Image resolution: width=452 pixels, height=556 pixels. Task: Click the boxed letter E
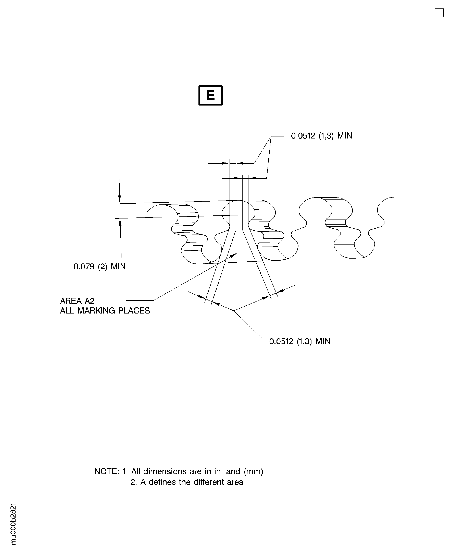(x=210, y=95)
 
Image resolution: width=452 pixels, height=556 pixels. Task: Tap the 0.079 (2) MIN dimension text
(x=99, y=266)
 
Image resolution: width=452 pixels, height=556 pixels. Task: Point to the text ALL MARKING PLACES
(x=105, y=311)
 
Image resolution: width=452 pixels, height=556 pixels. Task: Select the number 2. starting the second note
(x=134, y=482)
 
